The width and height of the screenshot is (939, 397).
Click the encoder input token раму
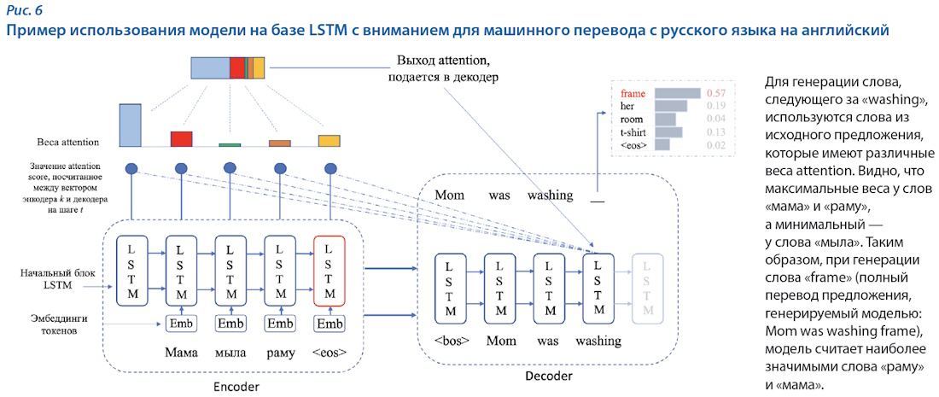pyautogui.click(x=279, y=353)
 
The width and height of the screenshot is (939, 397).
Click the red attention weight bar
pyautogui.click(x=181, y=139)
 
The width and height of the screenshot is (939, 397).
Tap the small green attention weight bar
pyautogui.click(x=230, y=145)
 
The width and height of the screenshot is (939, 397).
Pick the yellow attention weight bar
pyautogui.click(x=330, y=141)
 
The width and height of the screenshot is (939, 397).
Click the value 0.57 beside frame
pyautogui.click(x=716, y=92)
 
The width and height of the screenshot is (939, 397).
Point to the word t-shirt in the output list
pyautogui.click(x=634, y=132)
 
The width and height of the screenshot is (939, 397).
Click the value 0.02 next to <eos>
pyautogui.click(x=716, y=146)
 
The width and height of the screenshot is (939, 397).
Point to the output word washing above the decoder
pyautogui.click(x=550, y=196)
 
